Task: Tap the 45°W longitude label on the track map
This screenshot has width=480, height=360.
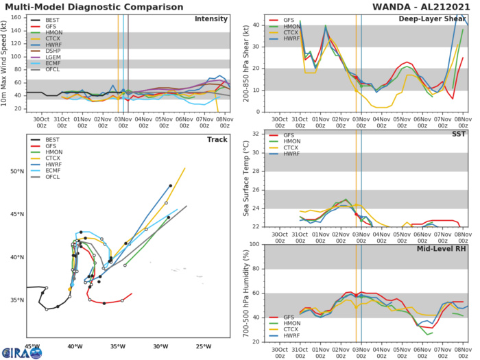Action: coord(31,345)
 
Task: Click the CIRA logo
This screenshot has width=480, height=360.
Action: coord(21,352)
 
